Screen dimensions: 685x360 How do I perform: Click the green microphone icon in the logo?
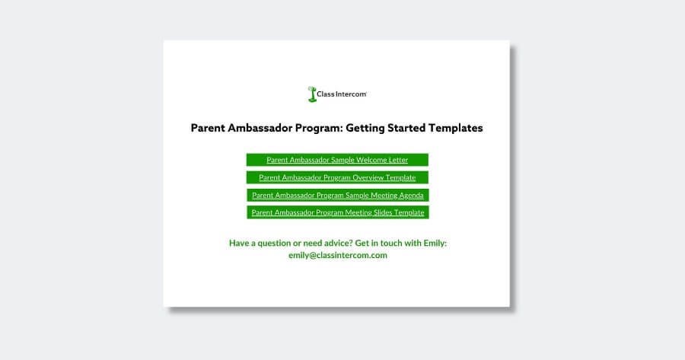[312, 94]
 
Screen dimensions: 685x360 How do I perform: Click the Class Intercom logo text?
[342, 94]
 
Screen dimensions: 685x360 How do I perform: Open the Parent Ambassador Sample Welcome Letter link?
[337, 160]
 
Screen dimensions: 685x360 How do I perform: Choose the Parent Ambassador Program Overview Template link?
[337, 177]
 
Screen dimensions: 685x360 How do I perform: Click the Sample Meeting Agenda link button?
[338, 196]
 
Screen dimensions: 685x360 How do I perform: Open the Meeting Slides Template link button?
[338, 212]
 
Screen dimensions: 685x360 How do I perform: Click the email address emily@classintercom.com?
[338, 255]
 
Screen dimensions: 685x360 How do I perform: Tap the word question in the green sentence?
[274, 244]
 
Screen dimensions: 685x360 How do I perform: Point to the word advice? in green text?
[336, 243]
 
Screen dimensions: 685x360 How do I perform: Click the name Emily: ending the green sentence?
[435, 243]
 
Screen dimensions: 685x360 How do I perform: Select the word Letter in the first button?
[397, 160]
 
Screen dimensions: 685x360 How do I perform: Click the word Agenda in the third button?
[411, 196]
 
